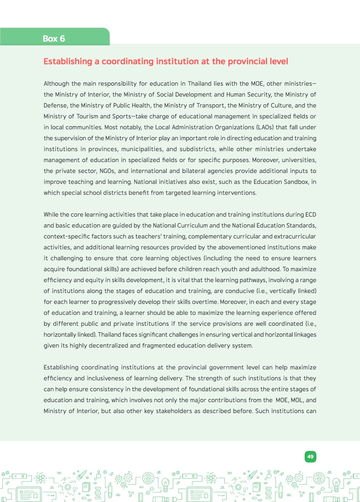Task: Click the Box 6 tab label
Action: (x=54, y=38)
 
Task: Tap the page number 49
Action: (x=310, y=456)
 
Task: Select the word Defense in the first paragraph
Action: (x=55, y=105)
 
